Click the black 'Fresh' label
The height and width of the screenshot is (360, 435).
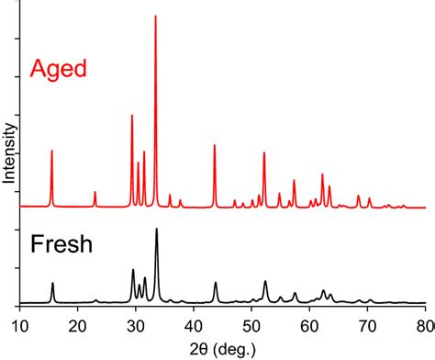pyautogui.click(x=62, y=248)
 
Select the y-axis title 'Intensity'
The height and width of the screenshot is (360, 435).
pyautogui.click(x=9, y=152)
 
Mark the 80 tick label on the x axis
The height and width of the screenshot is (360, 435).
pyautogui.click(x=423, y=323)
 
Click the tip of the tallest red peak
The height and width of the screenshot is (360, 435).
pyautogui.click(x=155, y=16)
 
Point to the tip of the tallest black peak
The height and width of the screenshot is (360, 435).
pyautogui.click(x=156, y=229)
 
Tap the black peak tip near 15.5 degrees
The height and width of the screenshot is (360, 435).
pyautogui.click(x=52, y=283)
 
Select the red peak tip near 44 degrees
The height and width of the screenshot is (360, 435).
pyautogui.click(x=215, y=145)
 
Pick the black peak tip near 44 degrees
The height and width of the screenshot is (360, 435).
pyautogui.click(x=216, y=283)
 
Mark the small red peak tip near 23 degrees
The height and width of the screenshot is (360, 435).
pyautogui.click(x=95, y=192)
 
